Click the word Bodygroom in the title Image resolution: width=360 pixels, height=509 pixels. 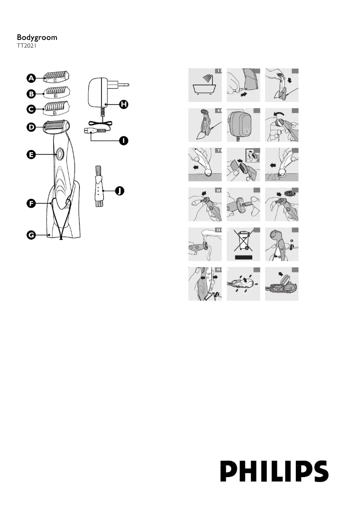[37, 38]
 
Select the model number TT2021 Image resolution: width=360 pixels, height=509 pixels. [26, 45]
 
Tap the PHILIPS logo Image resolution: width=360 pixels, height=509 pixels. [274, 470]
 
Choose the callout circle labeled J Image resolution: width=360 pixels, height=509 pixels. [119, 191]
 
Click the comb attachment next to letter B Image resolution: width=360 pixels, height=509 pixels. [56, 93]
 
